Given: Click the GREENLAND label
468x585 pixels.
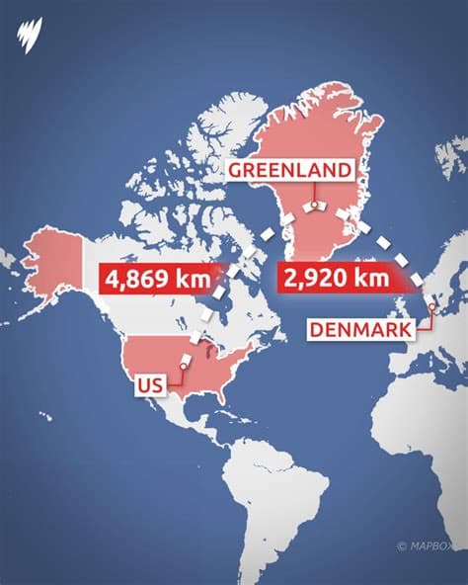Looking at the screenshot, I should point(289,170).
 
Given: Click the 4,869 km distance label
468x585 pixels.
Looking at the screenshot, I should point(157,278).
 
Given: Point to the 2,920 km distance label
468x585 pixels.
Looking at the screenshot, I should point(336,278).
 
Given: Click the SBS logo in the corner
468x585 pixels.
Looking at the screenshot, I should point(30,34).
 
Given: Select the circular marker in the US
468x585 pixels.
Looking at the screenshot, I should point(183,370).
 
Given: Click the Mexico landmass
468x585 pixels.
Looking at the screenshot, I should point(163,410).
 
